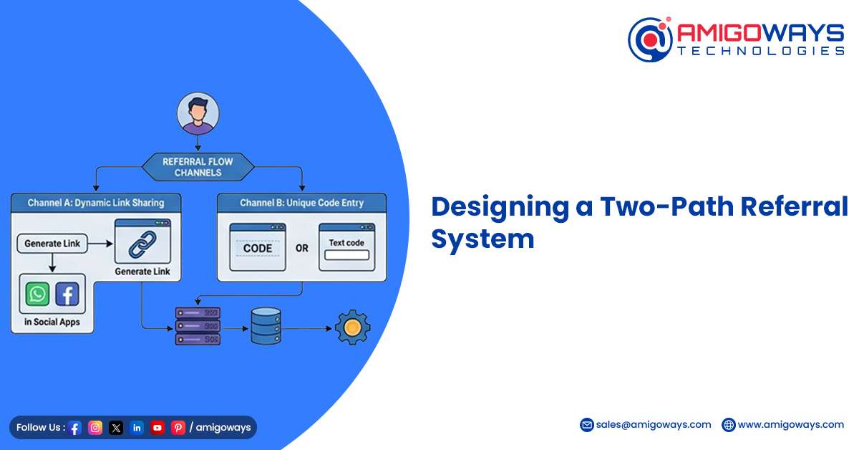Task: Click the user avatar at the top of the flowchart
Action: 198,113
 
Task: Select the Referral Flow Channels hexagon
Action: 198,167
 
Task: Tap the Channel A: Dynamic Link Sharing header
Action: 96,203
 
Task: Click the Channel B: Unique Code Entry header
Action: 302,203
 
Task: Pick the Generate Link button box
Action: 52,244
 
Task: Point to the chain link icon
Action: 142,244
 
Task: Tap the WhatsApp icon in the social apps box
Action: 37,294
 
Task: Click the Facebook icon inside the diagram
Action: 67,294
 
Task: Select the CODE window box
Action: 258,247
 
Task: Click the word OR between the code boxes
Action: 302,249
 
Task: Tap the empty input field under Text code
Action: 346,255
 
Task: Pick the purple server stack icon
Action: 198,326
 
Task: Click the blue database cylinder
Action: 266,326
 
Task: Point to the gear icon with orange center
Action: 352,327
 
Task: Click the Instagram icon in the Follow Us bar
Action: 95,427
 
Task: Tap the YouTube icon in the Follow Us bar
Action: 157,427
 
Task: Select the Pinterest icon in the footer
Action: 178,427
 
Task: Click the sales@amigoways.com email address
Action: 654,425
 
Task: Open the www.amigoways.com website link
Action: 791,425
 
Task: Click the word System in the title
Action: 482,239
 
